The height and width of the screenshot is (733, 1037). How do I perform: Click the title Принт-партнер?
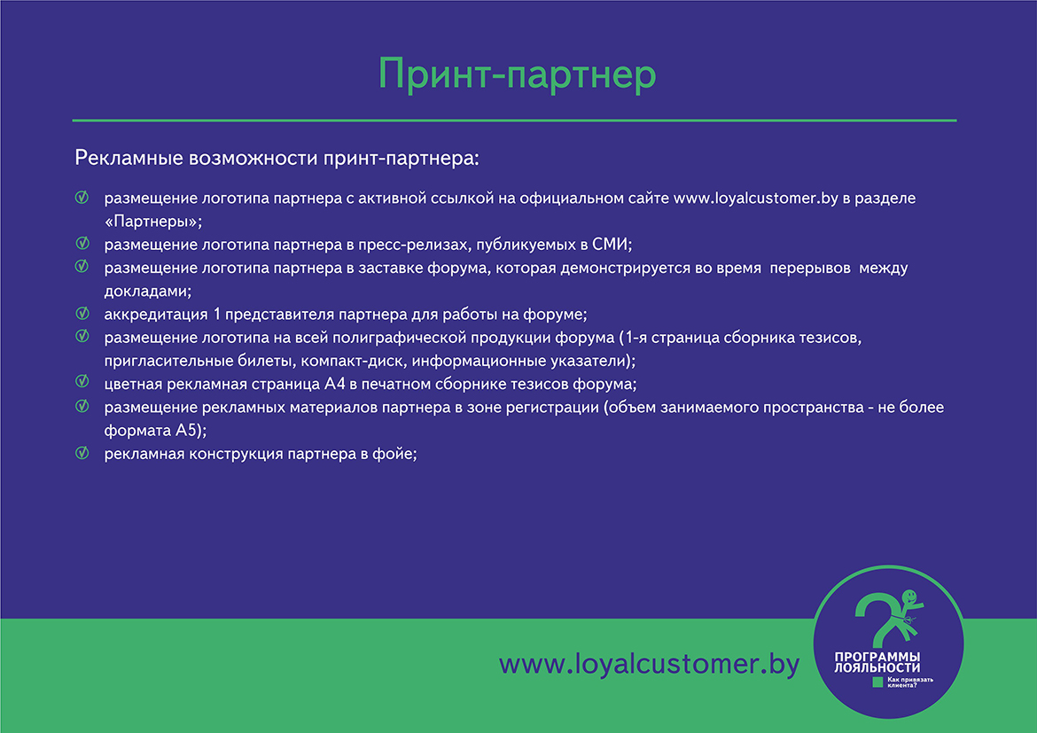coord(518,74)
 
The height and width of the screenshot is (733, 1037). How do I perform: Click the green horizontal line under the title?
coord(515,121)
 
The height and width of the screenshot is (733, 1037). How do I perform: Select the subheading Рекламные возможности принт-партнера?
coord(277,159)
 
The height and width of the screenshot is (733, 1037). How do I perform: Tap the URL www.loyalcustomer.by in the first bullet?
coord(756,199)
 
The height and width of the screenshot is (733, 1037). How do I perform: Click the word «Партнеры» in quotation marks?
coord(152,221)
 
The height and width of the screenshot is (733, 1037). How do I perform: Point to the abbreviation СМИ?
coord(609,244)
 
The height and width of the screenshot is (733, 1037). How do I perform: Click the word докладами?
coord(147,291)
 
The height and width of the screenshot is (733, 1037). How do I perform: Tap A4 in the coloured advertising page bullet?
coord(335,384)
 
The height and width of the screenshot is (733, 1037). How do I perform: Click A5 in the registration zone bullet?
coord(186,430)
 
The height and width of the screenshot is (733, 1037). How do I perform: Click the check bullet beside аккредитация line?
coord(82,313)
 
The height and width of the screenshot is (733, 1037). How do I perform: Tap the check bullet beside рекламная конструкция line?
coord(82,453)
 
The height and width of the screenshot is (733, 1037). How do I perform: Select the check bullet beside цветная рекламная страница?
coord(82,381)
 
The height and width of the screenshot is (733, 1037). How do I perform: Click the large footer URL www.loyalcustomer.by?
coord(650,664)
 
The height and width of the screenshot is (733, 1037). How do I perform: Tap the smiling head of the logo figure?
coord(909,597)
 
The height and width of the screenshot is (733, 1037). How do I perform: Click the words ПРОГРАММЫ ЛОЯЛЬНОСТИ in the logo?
coord(877,662)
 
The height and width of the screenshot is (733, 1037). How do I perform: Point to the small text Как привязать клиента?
coord(910,682)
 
